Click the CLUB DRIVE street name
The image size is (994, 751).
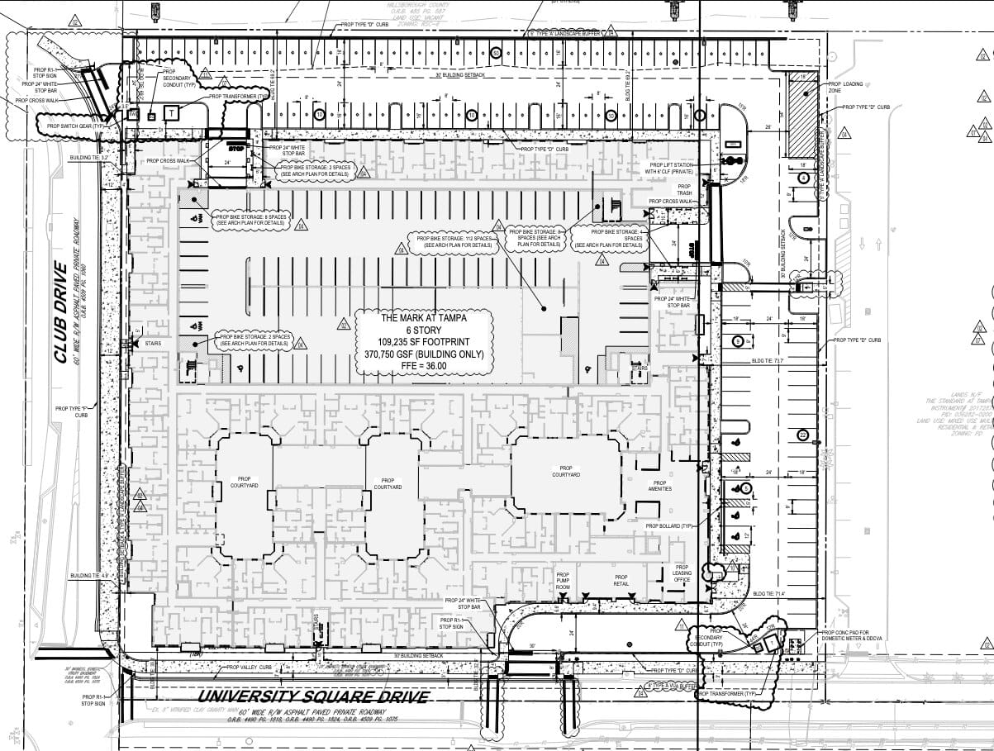(60, 313)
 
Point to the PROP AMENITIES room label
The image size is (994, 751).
(659, 486)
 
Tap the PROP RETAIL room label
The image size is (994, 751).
(621, 580)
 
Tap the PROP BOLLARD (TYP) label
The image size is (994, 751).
(670, 525)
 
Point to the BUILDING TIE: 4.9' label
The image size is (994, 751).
(89, 576)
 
